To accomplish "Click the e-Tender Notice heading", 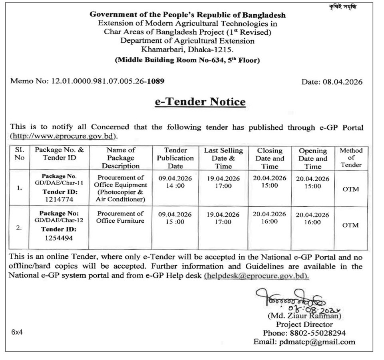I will pyautogui.click(x=200, y=102).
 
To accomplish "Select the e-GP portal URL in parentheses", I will pyautogui.click(x=64, y=136).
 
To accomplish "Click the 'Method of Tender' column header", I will pyautogui.click(x=351, y=158).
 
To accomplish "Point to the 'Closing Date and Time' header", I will pyautogui.click(x=270, y=158).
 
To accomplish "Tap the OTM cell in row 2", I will pyautogui.click(x=351, y=225).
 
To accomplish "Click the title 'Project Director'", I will pyautogui.click(x=304, y=324).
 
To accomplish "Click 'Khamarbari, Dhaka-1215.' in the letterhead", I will pyautogui.click(x=187, y=49).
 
